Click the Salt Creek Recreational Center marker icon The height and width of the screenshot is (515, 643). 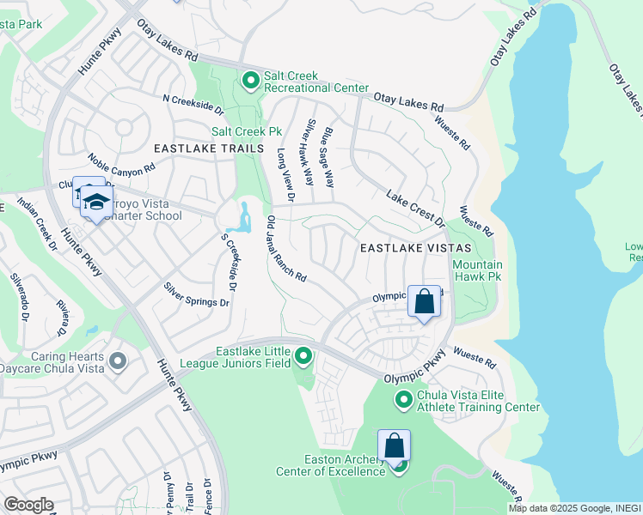click(250, 81)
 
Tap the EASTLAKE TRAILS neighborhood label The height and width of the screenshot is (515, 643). click(208, 148)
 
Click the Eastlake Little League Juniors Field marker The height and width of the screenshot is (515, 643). click(303, 355)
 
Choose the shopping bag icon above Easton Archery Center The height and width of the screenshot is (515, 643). click(394, 446)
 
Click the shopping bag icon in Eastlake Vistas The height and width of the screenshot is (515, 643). click(424, 302)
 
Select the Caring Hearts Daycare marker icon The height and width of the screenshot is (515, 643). click(118, 360)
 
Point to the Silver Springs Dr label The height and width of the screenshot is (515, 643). click(197, 294)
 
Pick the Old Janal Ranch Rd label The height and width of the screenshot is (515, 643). click(286, 249)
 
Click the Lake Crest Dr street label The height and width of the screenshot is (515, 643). click(415, 208)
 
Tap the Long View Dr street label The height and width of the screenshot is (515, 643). click(285, 175)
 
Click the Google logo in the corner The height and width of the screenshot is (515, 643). click(28, 505)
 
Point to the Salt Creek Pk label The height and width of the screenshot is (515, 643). click(247, 132)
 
